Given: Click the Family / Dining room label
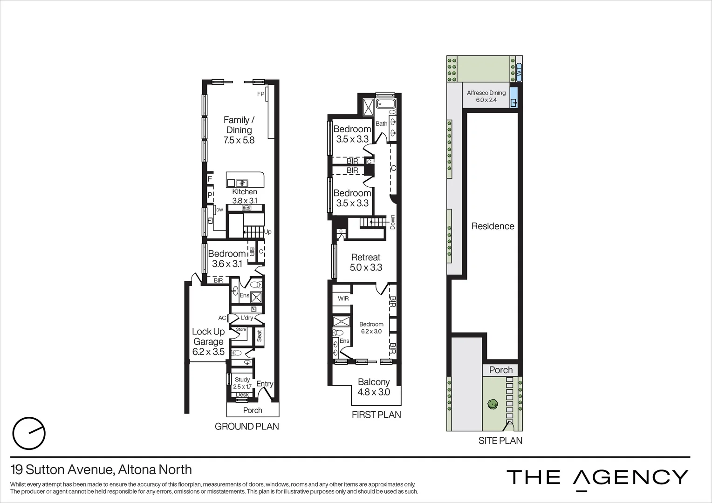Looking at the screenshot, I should pos(239,130).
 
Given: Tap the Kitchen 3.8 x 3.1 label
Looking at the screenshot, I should pos(245,196).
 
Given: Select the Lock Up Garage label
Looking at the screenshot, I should pos(208,341).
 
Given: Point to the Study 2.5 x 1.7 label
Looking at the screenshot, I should pos(242,383).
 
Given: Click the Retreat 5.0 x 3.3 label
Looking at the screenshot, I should pos(366,262).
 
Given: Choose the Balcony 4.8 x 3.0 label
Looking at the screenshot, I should pos(374,387).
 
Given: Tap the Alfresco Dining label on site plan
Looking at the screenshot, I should pos(486,96).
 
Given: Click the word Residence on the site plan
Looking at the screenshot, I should pos(493,226).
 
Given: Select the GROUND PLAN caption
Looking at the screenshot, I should pos(246,426).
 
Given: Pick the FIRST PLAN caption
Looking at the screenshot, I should pos(376,415).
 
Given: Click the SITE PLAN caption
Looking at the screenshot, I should pos(500,440).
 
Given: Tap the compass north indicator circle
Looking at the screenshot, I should pos(29,433).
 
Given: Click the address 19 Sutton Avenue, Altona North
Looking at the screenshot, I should pos(101,469).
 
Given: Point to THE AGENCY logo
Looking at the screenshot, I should pos(597,477).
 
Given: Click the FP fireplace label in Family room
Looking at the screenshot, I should pos(260,94).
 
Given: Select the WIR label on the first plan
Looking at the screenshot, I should pos(343,299).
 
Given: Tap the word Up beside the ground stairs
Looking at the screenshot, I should pos(267,232).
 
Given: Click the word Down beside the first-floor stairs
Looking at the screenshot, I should pos(393,222).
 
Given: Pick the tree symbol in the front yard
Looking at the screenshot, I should pos(492,404).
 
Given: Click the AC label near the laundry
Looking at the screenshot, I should pos(222,318).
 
